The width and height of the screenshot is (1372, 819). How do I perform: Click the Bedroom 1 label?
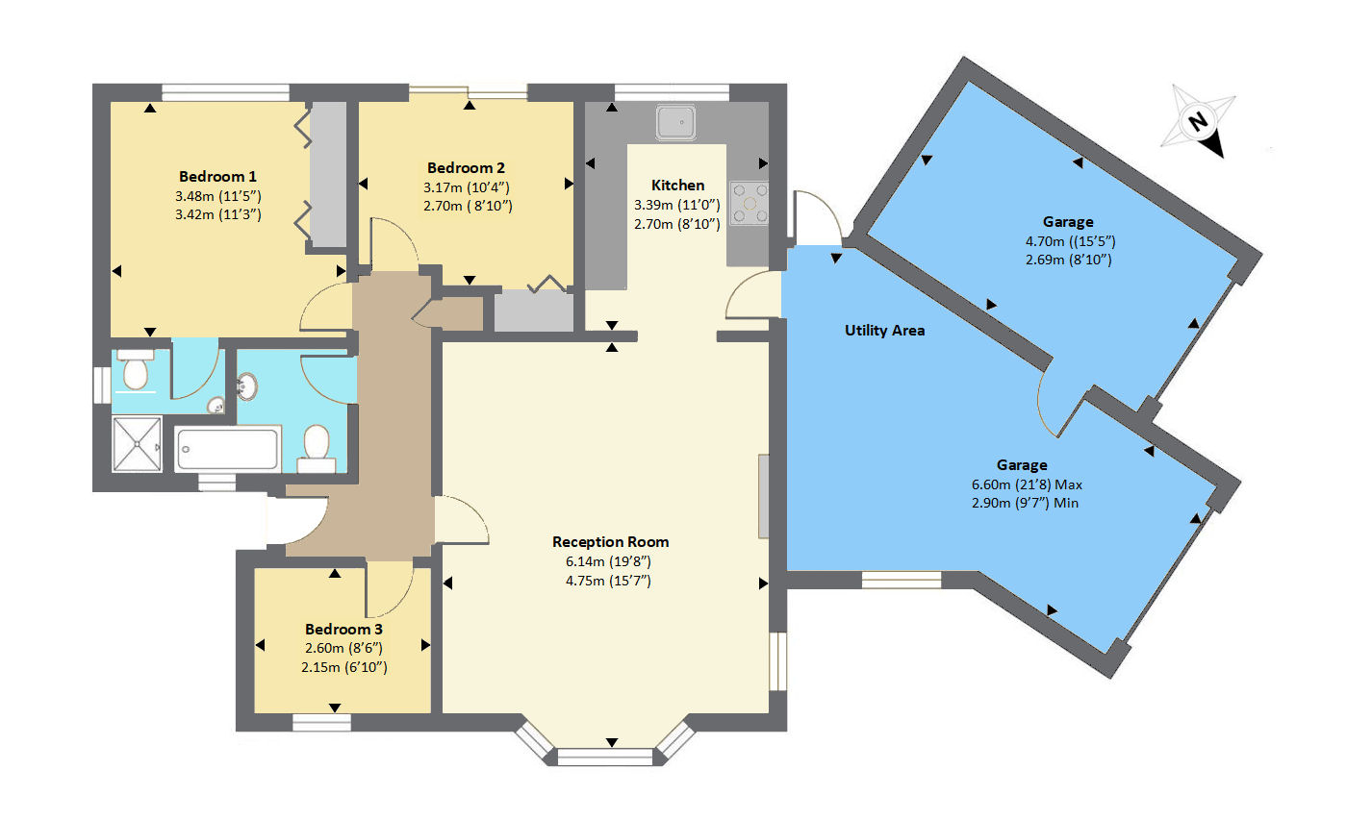pos(217,176)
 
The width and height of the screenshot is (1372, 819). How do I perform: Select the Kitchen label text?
pos(677,185)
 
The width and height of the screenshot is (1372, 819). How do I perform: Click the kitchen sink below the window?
pos(675,122)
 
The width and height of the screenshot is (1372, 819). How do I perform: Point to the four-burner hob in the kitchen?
pos(750,203)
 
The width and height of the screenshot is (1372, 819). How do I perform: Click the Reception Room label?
pos(610,542)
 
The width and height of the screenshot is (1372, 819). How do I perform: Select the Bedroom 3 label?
pos(343,629)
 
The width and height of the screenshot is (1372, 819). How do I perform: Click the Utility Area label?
pos(884,331)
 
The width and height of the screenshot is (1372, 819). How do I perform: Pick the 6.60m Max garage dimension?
pos(1027,484)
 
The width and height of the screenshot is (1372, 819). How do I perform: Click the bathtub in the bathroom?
pos(227,449)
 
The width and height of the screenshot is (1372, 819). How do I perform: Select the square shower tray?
pos(138,444)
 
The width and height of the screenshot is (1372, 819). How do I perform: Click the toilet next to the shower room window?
pos(135,369)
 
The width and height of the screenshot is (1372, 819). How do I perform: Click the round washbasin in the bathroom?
pos(247,386)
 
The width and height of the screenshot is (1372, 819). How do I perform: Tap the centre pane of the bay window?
pos(605,757)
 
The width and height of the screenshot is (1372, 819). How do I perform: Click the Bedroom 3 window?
pos(321,723)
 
